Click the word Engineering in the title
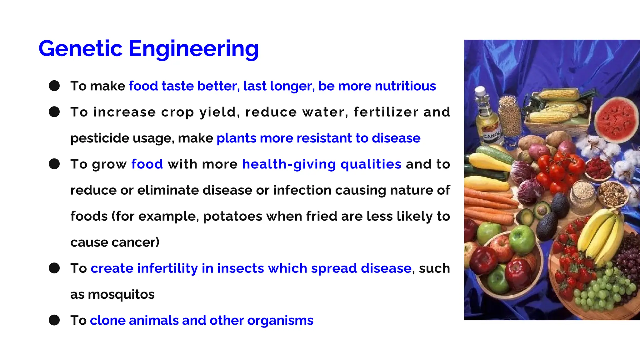click(x=193, y=49)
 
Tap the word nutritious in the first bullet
click(x=405, y=86)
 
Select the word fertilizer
click(x=386, y=112)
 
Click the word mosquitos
click(x=121, y=294)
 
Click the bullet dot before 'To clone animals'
click(x=54, y=320)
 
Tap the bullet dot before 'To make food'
click(x=54, y=86)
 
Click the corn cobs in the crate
click(x=559, y=106)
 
